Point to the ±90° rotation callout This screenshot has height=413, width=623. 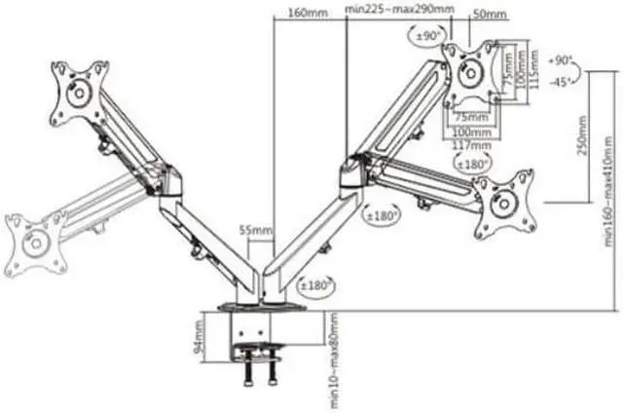tap(426, 36)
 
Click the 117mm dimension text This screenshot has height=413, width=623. tap(471, 146)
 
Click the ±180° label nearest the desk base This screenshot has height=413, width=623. tap(316, 285)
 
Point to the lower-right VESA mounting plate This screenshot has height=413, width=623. tap(505, 203)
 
